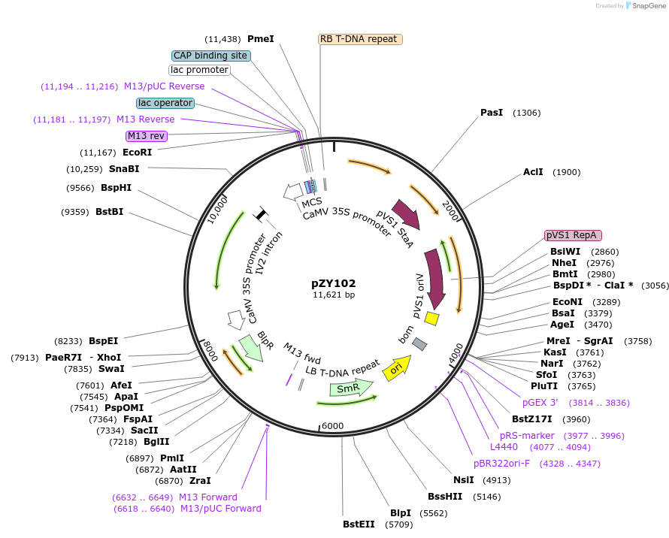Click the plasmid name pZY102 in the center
coord(334,283)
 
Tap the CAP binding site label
coord(210,56)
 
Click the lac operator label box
coord(165,103)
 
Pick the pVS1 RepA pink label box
coord(576,235)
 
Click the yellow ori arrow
coord(396,367)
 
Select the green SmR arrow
coord(351,388)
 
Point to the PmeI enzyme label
coord(261,39)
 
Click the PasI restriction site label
coord(492,113)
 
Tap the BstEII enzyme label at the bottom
coord(359,524)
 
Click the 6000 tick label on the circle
coord(332,425)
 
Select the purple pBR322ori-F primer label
coord(501,463)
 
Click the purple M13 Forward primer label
coord(208,497)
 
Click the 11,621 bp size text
coord(334,295)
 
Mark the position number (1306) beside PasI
coord(526,113)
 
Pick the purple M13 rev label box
coord(147,136)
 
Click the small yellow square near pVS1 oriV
coord(431,319)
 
